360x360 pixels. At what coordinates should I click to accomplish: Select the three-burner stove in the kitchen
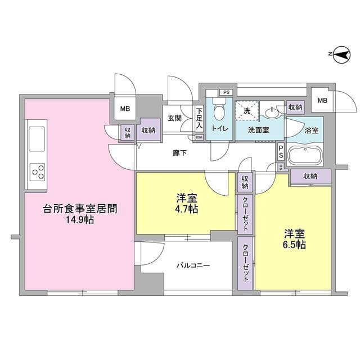click(x=38, y=170)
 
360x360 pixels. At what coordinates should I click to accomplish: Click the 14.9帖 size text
click(x=79, y=220)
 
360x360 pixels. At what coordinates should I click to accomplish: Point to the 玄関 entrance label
click(x=174, y=118)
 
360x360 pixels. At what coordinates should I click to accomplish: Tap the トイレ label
click(x=219, y=129)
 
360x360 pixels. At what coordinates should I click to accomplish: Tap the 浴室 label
click(x=312, y=130)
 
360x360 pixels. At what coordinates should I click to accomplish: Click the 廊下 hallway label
click(x=179, y=152)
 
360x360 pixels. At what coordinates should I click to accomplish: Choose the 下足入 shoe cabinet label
click(x=199, y=119)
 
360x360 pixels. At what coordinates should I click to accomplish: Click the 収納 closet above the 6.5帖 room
click(x=310, y=176)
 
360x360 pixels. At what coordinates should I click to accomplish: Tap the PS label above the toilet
click(x=226, y=92)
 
